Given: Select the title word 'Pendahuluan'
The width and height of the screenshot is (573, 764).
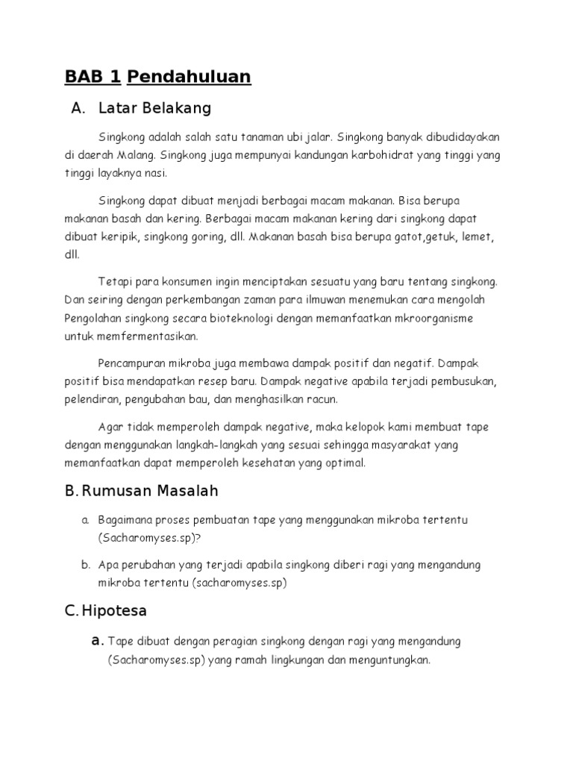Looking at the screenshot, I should coord(190,77).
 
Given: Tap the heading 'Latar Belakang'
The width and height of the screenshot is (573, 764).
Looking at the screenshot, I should coord(154,109).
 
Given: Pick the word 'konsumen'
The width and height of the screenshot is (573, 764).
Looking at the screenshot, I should coord(176,282).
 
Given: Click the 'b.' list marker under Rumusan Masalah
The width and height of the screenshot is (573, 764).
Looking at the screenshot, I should coord(86,565).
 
